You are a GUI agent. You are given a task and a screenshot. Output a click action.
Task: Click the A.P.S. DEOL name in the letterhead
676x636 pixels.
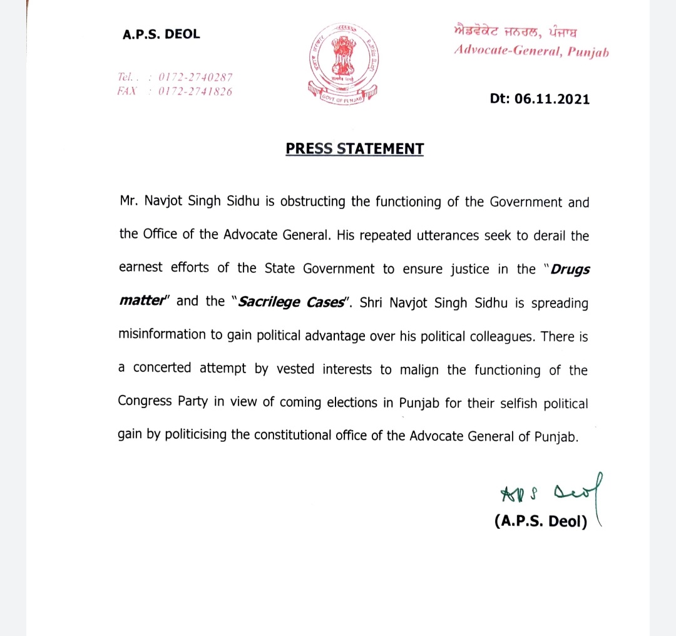coord(161,34)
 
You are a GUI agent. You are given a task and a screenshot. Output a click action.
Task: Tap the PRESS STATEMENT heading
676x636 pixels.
coord(354,149)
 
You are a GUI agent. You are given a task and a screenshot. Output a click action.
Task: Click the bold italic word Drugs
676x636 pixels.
coord(571,269)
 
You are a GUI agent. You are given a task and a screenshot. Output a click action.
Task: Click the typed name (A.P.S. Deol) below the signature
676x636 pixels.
coord(541,521)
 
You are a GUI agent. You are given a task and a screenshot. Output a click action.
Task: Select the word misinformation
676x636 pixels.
coord(162,335)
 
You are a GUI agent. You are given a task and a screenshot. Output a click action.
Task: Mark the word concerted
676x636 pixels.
coord(162,368)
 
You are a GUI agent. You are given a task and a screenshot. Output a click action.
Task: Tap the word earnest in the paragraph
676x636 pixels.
coord(140,268)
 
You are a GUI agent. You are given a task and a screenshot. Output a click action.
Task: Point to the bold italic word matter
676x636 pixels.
coord(143,302)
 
